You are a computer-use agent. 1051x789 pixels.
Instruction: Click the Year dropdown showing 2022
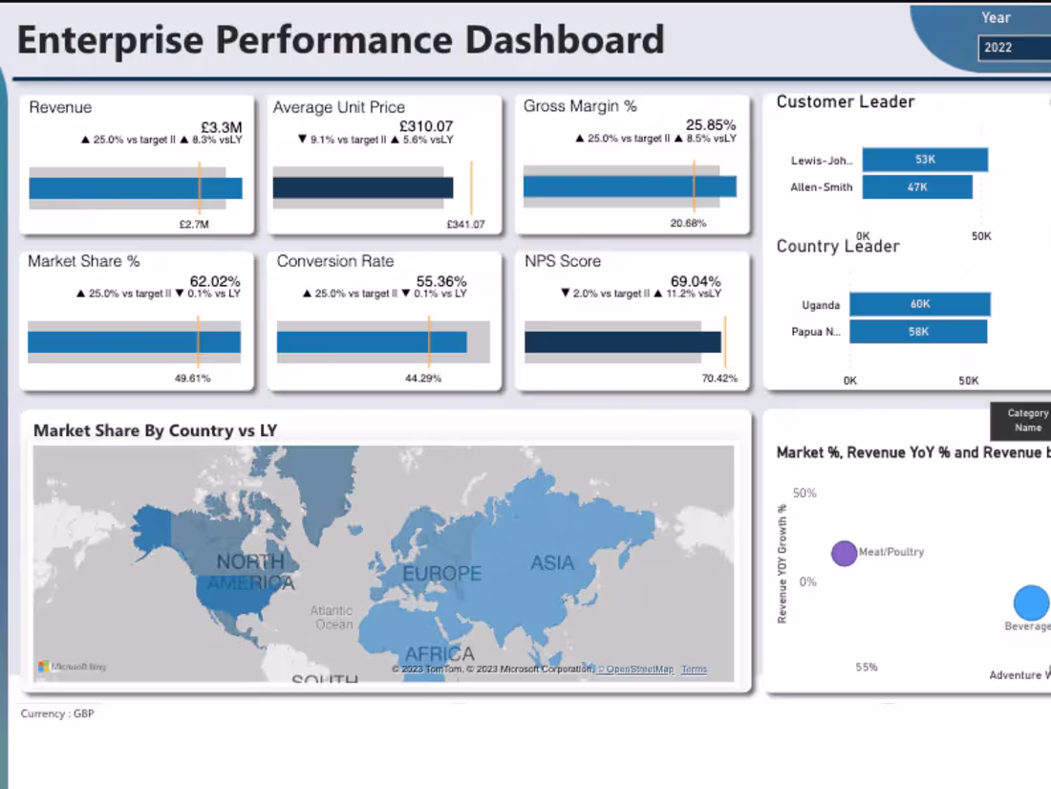click(x=1013, y=48)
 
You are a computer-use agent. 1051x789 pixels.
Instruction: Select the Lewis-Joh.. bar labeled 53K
click(x=924, y=160)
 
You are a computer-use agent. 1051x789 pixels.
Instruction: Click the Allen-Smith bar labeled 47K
click(x=917, y=187)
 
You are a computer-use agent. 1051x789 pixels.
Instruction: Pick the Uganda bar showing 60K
click(x=919, y=304)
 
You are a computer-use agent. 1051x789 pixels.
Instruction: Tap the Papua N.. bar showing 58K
click(x=917, y=332)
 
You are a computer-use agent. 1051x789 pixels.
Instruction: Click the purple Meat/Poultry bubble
click(x=844, y=553)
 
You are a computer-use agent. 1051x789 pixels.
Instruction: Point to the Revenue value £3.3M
click(x=221, y=126)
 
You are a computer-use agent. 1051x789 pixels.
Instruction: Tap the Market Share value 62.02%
click(x=215, y=281)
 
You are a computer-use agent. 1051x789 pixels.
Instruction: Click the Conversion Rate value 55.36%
click(x=441, y=281)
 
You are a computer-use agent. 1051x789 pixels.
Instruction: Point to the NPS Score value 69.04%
click(x=696, y=281)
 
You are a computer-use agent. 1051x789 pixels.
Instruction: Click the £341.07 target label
click(x=465, y=225)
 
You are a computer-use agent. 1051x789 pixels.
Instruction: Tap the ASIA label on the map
click(x=552, y=562)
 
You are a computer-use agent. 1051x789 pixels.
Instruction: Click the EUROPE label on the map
click(x=441, y=574)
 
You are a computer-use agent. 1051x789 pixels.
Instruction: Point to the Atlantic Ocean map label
click(x=332, y=618)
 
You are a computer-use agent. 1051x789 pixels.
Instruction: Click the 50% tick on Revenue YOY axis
click(x=804, y=493)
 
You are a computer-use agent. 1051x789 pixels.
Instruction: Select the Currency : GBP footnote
click(x=57, y=713)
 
